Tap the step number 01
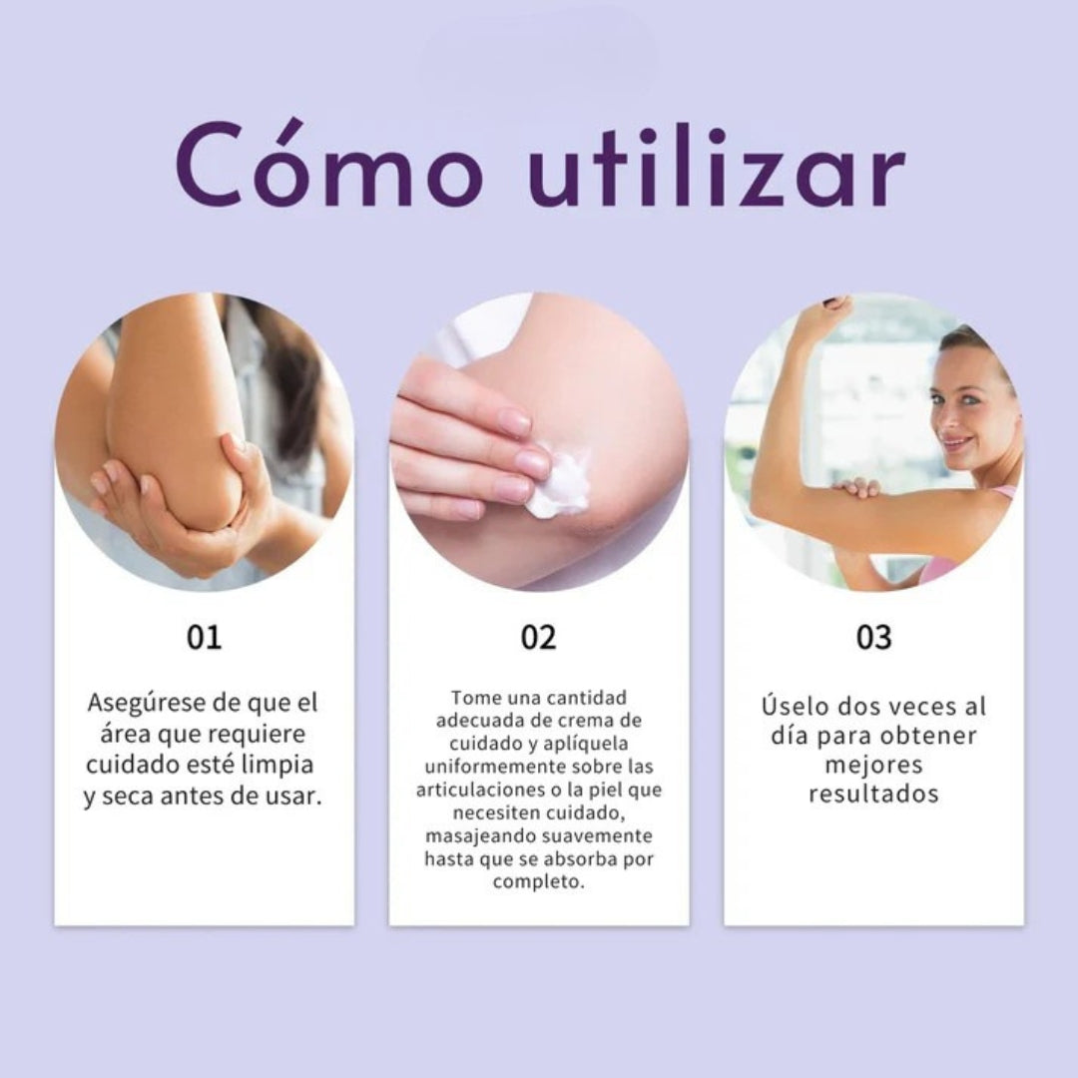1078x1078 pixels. click(x=204, y=637)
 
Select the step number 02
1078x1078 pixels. click(x=538, y=637)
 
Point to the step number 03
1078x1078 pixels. click(x=873, y=637)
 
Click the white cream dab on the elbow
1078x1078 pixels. click(x=560, y=483)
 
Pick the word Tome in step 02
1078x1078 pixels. click(x=473, y=698)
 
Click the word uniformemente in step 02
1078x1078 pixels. click(x=483, y=767)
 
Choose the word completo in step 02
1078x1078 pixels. click(x=538, y=882)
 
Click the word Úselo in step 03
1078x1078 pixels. click(x=795, y=706)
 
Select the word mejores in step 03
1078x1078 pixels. click(x=873, y=766)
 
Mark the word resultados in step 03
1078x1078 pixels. click(x=873, y=795)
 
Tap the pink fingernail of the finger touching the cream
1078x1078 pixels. click(x=532, y=462)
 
